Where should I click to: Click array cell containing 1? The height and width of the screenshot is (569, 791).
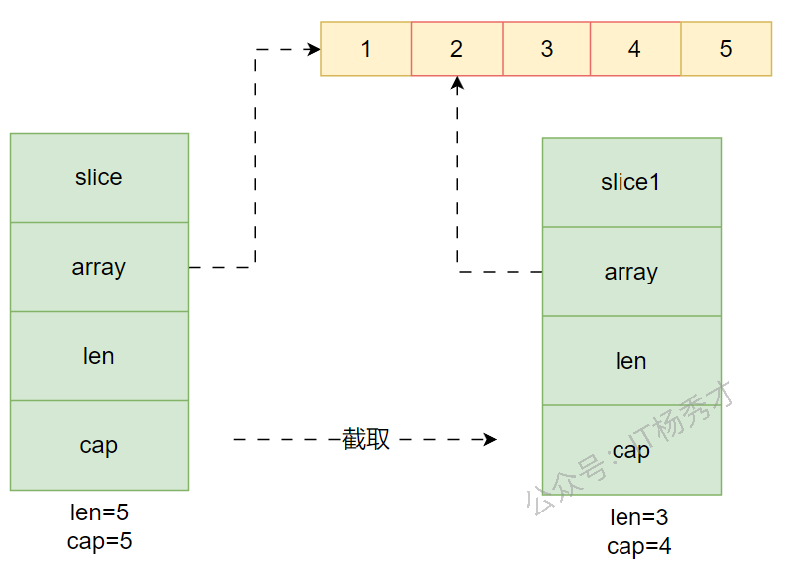pos(366,49)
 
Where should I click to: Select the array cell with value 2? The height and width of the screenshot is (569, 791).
pos(456,49)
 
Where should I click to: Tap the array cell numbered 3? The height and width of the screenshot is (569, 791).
pos(546,49)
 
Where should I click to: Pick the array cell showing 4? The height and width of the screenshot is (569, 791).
pos(635,49)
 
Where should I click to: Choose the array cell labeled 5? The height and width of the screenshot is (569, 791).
pos(726,49)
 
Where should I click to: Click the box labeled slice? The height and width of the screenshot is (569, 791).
pos(99,177)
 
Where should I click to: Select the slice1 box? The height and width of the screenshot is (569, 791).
pos(631,182)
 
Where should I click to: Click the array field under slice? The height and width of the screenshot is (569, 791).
pos(99,267)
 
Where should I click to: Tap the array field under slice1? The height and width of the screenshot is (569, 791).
pos(631,272)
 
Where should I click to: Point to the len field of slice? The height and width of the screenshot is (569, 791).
pos(99,356)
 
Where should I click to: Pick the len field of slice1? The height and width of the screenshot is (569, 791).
pos(631,361)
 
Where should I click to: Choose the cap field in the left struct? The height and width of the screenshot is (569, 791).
pos(99,445)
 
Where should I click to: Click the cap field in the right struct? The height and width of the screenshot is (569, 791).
pos(631,450)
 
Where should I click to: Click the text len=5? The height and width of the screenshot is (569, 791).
pos(99,513)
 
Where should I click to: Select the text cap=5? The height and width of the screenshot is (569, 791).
pos(99,541)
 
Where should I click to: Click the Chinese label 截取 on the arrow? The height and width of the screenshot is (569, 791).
pos(366,439)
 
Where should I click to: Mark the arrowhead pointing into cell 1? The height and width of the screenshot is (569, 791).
pos(314,49)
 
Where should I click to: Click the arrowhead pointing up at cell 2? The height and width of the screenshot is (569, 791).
pos(457,84)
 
